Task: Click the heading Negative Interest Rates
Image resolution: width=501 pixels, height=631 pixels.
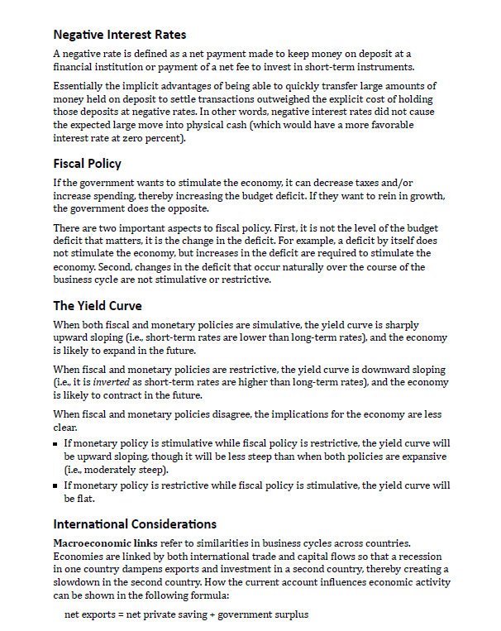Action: [119, 35]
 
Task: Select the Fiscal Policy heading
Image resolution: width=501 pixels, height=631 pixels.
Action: [87, 164]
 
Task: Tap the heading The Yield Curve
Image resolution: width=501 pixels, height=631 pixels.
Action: [98, 306]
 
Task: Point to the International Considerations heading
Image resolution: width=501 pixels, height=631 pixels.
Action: [135, 524]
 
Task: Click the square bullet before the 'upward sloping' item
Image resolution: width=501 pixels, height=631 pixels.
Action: [56, 444]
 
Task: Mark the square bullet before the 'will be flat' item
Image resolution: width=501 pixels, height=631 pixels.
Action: [56, 485]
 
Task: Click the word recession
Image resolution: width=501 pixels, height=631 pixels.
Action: [429, 556]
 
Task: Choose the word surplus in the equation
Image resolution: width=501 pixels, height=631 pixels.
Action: [290, 615]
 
